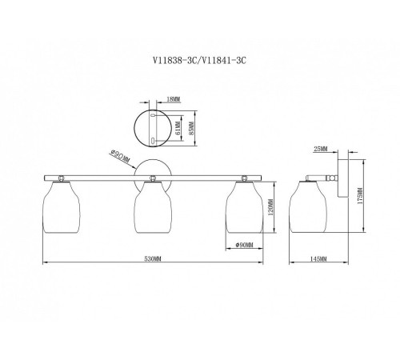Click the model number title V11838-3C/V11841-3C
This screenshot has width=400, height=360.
(x=199, y=61)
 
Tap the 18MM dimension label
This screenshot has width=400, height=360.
(x=174, y=99)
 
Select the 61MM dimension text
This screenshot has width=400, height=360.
(x=178, y=128)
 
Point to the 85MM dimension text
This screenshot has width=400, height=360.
(x=190, y=128)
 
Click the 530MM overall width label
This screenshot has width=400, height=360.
(x=153, y=258)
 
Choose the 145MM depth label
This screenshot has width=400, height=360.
(x=318, y=258)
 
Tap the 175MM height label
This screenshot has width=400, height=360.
(x=360, y=196)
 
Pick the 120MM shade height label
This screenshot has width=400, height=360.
(x=270, y=207)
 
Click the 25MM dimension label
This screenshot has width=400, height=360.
(x=320, y=149)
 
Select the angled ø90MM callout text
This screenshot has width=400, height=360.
(x=120, y=157)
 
